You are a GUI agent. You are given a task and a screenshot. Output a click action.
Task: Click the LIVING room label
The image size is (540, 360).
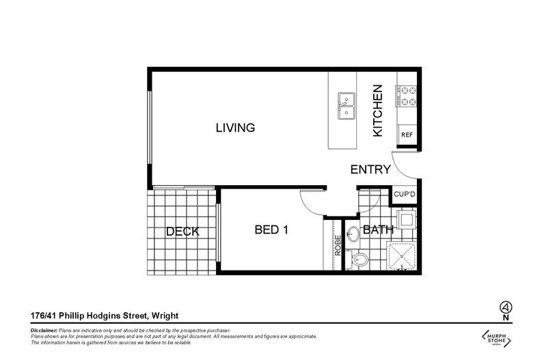(235, 128)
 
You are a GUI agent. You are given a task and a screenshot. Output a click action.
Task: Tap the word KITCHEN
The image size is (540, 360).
(377, 111)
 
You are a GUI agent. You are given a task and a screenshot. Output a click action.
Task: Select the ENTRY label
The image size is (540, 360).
(370, 170)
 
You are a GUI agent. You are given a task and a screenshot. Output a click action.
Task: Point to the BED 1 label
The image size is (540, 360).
(271, 230)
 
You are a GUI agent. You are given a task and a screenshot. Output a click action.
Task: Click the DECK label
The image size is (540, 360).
(183, 232)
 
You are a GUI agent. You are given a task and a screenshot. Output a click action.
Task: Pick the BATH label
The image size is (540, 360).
(378, 230)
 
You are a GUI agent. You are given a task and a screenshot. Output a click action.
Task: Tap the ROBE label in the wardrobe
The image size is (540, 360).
(338, 245)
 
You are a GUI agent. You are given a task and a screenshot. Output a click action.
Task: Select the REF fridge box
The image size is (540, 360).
(407, 135)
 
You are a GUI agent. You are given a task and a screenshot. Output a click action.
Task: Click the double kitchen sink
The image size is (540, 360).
(346, 106)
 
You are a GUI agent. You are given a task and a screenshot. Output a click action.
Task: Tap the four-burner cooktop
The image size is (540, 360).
(407, 96)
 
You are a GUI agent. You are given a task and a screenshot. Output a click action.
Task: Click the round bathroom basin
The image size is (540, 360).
(353, 234)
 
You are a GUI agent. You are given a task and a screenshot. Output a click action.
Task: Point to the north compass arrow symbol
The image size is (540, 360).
(505, 306)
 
